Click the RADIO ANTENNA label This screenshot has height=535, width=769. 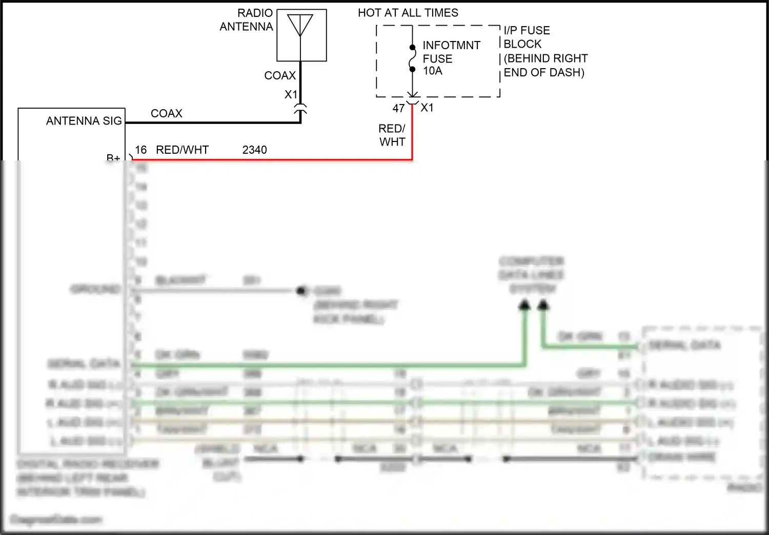[x=247, y=20]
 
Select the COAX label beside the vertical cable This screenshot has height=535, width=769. [x=280, y=75]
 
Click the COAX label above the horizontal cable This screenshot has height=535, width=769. [x=166, y=113]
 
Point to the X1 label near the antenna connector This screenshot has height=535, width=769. [x=291, y=94]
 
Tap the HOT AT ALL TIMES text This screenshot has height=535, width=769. [x=408, y=13]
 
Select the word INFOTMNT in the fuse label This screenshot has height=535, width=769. [x=451, y=46]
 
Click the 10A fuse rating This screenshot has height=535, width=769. [x=433, y=71]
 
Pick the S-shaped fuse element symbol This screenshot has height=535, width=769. [x=412, y=58]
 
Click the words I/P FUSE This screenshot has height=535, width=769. [x=527, y=31]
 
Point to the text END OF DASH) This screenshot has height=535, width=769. [x=544, y=73]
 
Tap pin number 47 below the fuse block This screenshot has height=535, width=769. [x=398, y=108]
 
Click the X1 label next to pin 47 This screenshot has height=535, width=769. [x=427, y=108]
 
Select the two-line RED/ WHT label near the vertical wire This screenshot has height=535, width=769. [x=392, y=135]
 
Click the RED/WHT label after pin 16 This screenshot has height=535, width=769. [x=182, y=150]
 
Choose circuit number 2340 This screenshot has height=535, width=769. [x=254, y=150]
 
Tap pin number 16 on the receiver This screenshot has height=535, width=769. [x=140, y=150]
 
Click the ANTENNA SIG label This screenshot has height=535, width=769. [x=84, y=121]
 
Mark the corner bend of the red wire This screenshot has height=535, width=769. [x=412, y=160]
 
